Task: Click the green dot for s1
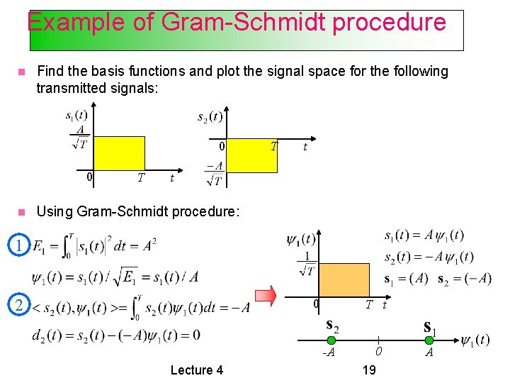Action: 429,340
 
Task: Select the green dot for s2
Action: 329,340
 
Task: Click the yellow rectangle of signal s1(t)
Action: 119,152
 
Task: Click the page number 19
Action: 368,370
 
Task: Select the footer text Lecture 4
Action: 197,370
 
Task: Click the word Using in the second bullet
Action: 54,211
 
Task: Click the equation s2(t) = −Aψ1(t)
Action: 429,257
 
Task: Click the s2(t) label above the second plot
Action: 210,116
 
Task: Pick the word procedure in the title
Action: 389,22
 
